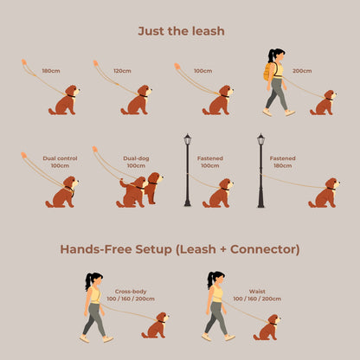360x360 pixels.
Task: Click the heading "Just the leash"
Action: point(180,31)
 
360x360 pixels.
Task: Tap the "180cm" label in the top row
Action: point(51,70)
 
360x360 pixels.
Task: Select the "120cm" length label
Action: point(122,70)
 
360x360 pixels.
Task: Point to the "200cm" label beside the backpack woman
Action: point(302,70)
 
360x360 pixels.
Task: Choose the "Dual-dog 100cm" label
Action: point(136,162)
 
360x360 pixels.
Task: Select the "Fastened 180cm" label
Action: point(282,162)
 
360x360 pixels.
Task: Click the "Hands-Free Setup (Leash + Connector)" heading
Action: point(180,249)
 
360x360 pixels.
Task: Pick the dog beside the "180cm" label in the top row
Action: point(65,100)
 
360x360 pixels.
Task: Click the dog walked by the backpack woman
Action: point(325,103)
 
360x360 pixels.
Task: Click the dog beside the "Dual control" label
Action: point(62,192)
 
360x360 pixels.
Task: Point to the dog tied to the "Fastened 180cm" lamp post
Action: point(325,194)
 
